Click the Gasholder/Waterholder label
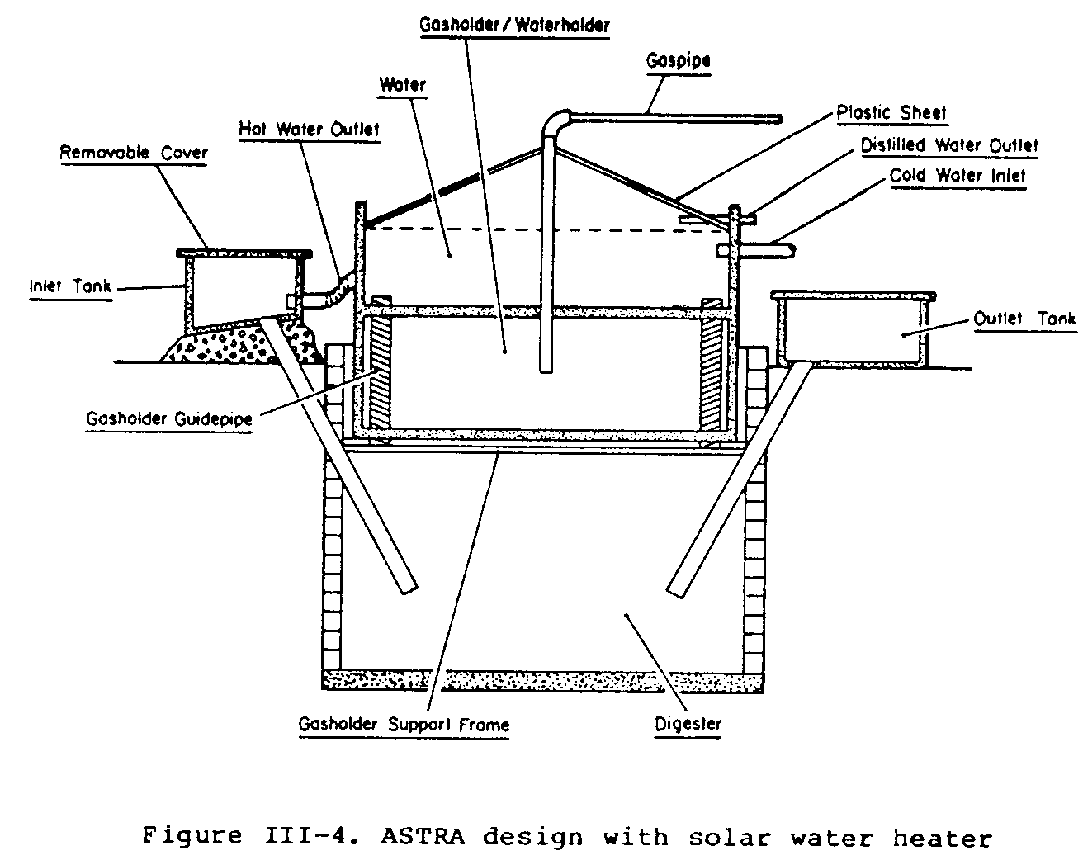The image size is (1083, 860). tap(514, 24)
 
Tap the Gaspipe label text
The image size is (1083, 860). tap(679, 60)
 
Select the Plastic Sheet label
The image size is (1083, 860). tap(891, 112)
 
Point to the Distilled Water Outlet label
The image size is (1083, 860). tap(949, 145)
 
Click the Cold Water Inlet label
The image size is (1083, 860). tap(958, 176)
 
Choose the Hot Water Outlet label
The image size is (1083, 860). tap(310, 130)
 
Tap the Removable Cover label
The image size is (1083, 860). tap(134, 153)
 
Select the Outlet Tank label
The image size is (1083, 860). tap(1024, 319)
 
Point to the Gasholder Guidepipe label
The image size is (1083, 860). tap(169, 419)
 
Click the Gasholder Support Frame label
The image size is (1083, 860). tap(404, 725)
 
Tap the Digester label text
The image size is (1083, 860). tap(688, 724)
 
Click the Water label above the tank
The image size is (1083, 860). tap(402, 85)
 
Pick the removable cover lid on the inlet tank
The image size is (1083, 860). tap(245, 251)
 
